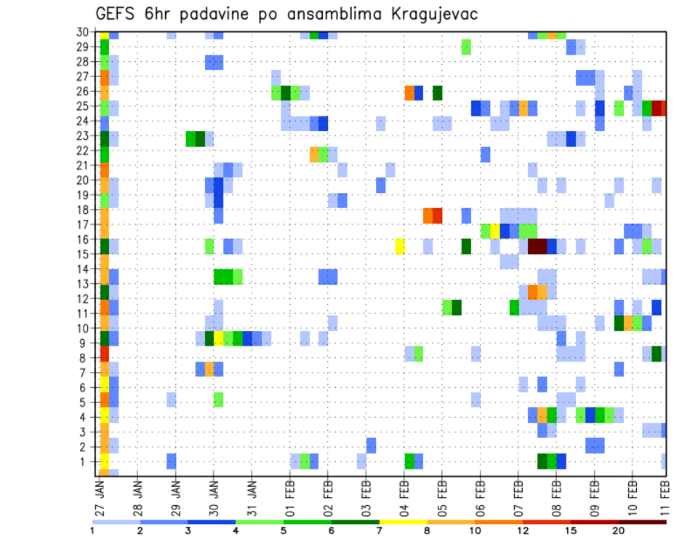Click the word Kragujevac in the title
click(x=433, y=15)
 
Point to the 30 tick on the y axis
click(x=84, y=31)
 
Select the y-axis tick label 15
click(x=84, y=254)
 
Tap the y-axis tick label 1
click(x=87, y=461)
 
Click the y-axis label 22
click(x=84, y=150)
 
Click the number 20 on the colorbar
click(x=618, y=531)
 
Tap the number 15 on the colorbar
click(x=570, y=531)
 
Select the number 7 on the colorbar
click(x=380, y=531)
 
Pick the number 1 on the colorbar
click(x=92, y=531)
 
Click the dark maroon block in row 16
click(x=537, y=246)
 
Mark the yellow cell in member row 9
click(x=218, y=338)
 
